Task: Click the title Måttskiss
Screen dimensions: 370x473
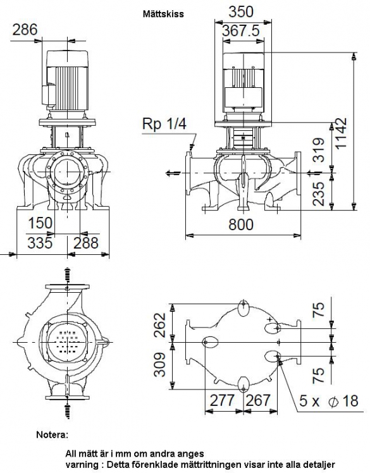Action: [x=163, y=14]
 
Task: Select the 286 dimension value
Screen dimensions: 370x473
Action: [x=25, y=30]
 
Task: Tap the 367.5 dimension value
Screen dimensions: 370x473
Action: [x=241, y=31]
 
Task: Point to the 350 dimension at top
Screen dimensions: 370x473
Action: [x=241, y=12]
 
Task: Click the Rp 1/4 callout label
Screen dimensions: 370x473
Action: [x=164, y=124]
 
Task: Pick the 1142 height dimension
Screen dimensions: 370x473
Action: [x=341, y=133]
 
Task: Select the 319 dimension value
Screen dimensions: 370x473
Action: [x=318, y=150]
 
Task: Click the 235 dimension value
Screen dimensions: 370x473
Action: [x=318, y=194]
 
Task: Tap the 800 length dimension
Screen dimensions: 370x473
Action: [x=241, y=224]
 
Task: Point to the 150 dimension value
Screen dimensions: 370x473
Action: [x=40, y=223]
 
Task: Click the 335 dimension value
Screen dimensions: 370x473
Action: [x=40, y=243]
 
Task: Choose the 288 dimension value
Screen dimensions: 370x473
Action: [x=86, y=243]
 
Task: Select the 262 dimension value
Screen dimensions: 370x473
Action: [x=160, y=325]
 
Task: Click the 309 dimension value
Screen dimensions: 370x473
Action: [x=160, y=364]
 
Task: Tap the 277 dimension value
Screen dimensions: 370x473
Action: [x=222, y=400]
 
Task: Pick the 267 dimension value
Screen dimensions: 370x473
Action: [x=257, y=400]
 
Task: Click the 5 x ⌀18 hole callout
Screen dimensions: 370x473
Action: [x=329, y=401]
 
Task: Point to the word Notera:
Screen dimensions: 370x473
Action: [x=52, y=434]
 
